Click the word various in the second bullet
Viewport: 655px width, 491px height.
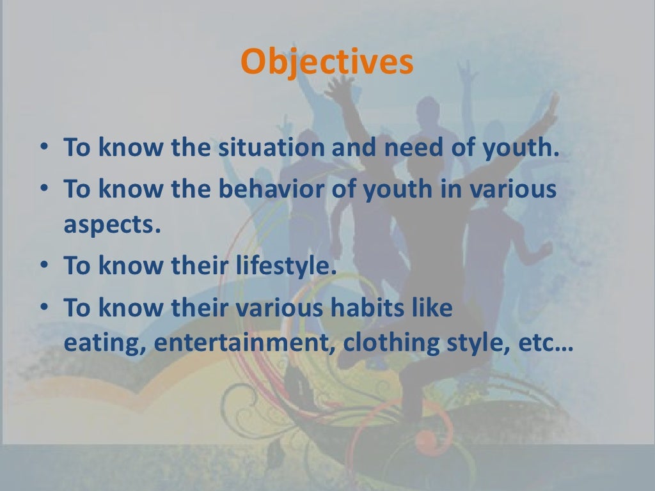pos(516,191)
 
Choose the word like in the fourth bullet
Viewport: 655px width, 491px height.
pos(432,308)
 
